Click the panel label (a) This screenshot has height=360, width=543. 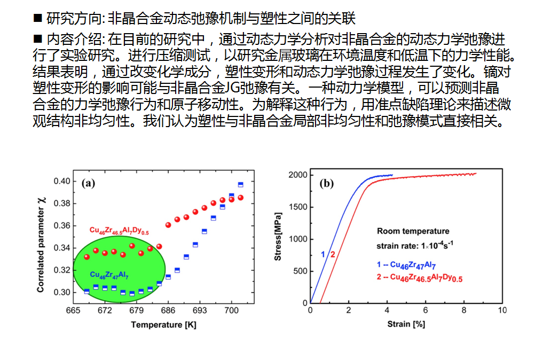[89, 183]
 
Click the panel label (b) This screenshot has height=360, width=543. [326, 184]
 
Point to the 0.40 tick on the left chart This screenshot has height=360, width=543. [61, 181]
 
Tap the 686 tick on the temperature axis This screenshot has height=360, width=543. [168, 311]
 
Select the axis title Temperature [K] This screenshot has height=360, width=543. [156, 325]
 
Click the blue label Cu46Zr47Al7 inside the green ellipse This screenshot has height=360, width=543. [109, 275]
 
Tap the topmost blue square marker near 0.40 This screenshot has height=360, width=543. [240, 185]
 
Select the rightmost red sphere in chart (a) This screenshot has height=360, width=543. [240, 198]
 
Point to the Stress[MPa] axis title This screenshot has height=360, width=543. [278, 239]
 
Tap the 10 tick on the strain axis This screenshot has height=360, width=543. [501, 310]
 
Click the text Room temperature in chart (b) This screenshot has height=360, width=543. [413, 231]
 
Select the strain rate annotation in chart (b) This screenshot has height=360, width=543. [416, 246]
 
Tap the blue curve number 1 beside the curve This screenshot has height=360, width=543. [323, 254]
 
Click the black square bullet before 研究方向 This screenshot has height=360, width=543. [37, 18]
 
